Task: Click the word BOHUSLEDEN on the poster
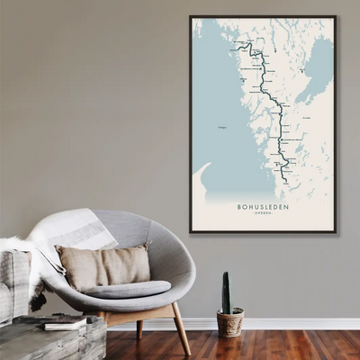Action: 262,206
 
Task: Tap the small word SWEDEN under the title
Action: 262,214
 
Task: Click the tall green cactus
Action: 226,293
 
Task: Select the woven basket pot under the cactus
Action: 230,322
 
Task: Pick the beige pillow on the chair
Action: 103,266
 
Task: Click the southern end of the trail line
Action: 287,183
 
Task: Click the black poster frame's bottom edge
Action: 262,232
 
